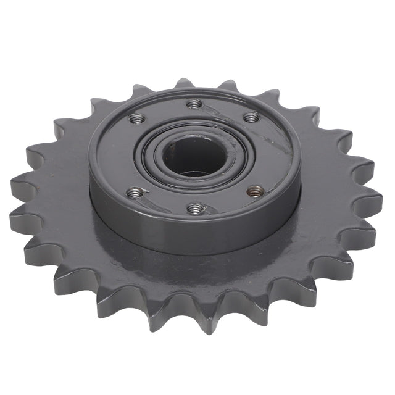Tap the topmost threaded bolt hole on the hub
click(194, 103)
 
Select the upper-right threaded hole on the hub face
click(250, 117)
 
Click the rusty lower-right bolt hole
click(254, 191)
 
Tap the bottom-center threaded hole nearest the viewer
click(194, 209)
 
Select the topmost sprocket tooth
click(183, 83)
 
